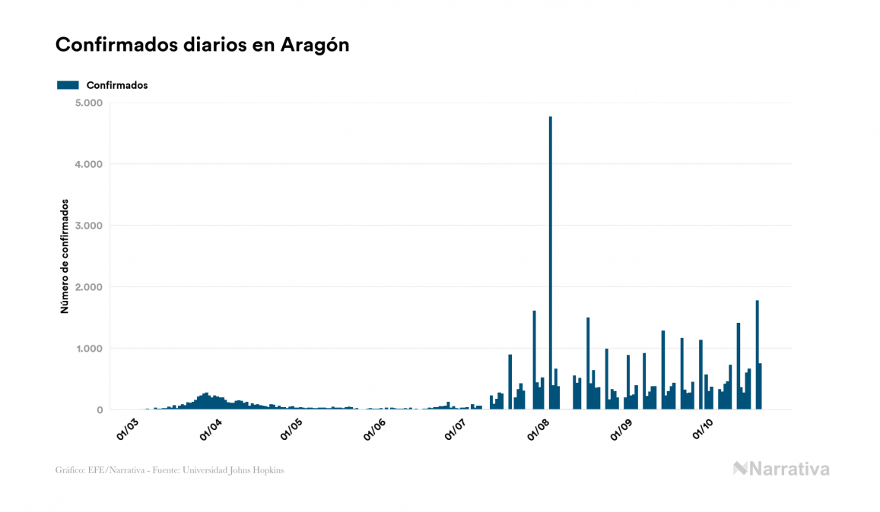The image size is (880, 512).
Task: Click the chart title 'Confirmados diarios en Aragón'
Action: [202, 45]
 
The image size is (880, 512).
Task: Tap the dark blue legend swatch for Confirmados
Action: [68, 85]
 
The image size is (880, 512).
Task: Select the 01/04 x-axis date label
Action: [209, 428]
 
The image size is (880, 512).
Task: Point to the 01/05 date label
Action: [291, 428]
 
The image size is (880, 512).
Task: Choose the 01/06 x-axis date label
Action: [373, 428]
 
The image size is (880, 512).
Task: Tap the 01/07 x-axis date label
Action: [456, 428]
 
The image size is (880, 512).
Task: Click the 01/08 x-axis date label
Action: [538, 428]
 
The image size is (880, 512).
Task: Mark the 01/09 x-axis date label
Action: [621, 428]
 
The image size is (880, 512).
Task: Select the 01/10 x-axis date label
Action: [703, 428]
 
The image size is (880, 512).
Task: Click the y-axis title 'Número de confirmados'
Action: [65, 257]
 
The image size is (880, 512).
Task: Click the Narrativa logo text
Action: [789, 469]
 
